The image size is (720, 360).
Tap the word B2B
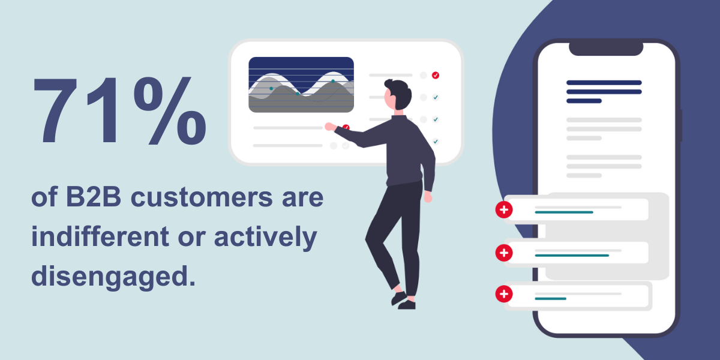88,199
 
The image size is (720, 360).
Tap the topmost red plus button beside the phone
504,210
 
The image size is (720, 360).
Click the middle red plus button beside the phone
504,253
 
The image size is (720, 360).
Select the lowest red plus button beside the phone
504,295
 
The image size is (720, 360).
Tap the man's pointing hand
330,126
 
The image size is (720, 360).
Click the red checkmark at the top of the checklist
436,75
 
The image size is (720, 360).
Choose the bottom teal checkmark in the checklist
436,142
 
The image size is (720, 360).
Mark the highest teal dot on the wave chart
333,81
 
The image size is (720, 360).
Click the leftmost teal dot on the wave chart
271,88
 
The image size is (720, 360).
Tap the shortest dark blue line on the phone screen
584,101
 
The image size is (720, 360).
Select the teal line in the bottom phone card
550,298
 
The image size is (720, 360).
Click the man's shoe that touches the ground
407,305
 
